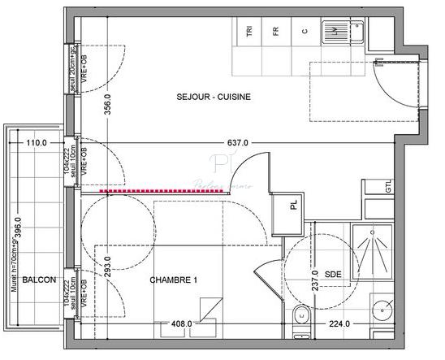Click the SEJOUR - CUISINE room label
(214, 97)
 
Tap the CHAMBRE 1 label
(174, 280)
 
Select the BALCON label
(39, 280)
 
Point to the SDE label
(332, 275)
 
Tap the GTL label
(388, 186)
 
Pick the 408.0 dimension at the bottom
(181, 323)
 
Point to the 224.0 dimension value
(339, 323)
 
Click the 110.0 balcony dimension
(37, 143)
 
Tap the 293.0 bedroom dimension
(107, 263)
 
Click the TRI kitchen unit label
(249, 32)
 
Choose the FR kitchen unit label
(276, 32)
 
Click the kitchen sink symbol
(333, 32)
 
